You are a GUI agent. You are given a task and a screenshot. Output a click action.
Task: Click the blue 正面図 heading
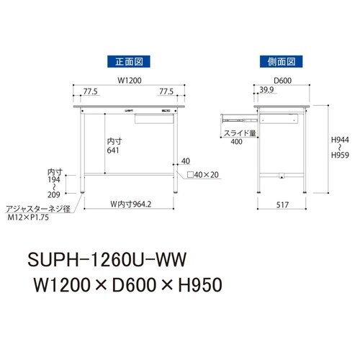pyautogui.click(x=129, y=62)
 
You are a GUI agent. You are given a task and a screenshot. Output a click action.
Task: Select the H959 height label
pyautogui.click(x=341, y=154)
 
